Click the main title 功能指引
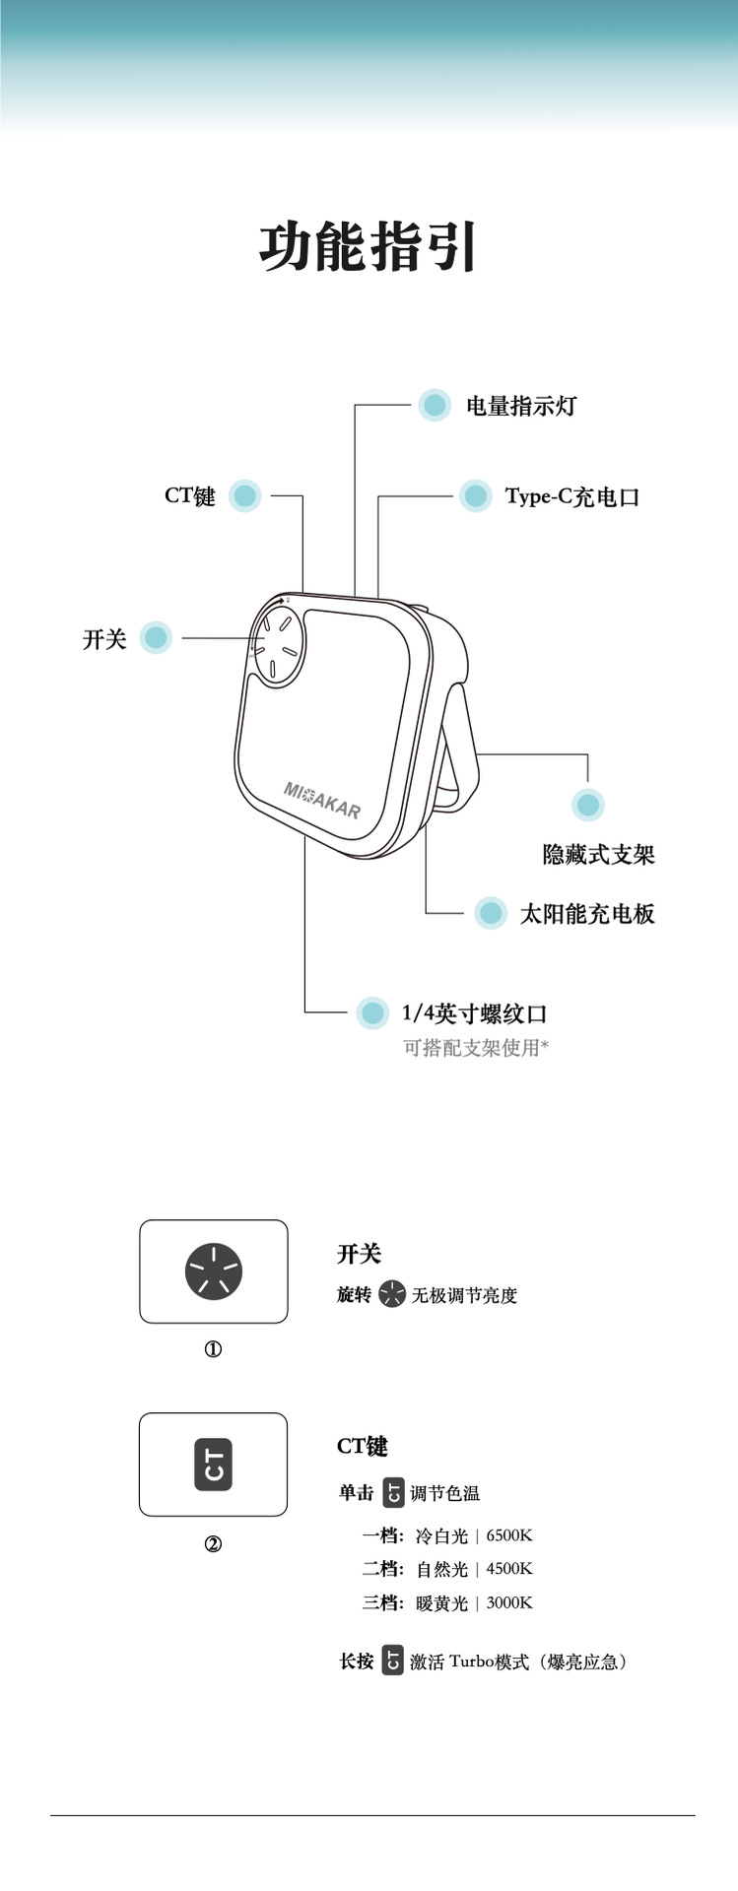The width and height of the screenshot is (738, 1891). tap(369, 246)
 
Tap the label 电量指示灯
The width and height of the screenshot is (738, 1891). tap(520, 406)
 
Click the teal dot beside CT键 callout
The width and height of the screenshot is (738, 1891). tap(245, 495)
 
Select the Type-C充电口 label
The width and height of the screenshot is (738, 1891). tap(571, 496)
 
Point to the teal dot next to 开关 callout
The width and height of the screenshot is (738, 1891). tap(156, 638)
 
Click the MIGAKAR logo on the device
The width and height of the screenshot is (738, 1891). tap(322, 799)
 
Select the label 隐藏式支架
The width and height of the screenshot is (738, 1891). tap(598, 855)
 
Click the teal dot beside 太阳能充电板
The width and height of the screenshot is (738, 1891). tap(490, 913)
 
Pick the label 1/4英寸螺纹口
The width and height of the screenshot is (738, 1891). tap(474, 1013)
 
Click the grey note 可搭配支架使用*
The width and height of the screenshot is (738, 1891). tap(475, 1048)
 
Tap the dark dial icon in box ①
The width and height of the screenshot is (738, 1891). tap(213, 1272)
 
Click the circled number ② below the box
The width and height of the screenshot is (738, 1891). tap(213, 1543)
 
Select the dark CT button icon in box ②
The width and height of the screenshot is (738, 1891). tap(213, 1465)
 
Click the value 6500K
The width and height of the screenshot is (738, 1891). tap(509, 1535)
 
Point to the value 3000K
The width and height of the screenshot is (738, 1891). tap(509, 1602)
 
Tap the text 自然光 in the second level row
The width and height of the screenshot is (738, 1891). tap(441, 1569)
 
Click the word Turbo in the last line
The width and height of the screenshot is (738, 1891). tap(470, 1662)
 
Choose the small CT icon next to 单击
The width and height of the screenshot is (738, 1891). tap(393, 1493)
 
